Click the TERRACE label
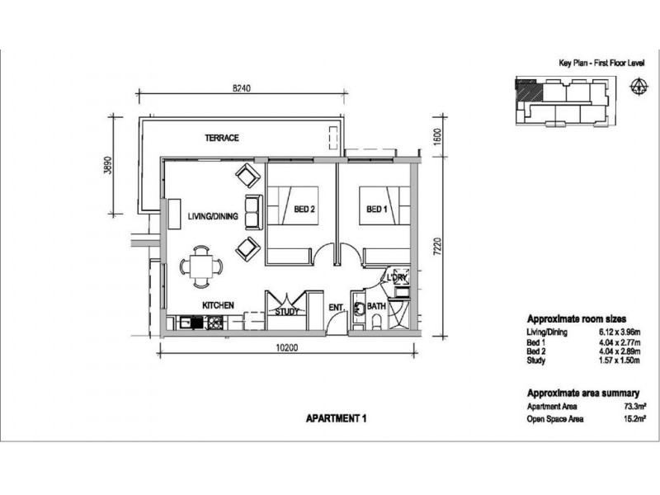(222, 138)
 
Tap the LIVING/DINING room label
(213, 216)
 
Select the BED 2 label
(304, 210)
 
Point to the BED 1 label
(377, 210)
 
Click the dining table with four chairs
(201, 266)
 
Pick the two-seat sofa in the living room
(254, 212)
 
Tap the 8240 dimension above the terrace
(242, 88)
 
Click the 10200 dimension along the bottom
(286, 347)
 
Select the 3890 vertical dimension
(108, 166)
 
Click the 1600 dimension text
(437, 137)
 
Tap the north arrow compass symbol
(639, 87)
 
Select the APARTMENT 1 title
(337, 418)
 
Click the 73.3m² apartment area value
(635, 407)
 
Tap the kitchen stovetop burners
(214, 323)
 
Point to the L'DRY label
(397, 278)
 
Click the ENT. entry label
(337, 308)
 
